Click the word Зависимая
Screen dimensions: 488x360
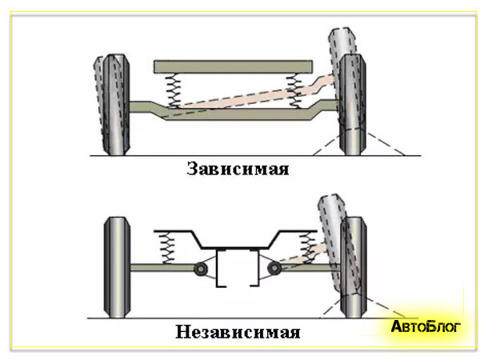point(237,169)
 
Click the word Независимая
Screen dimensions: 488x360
point(238,332)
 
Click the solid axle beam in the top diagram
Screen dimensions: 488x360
point(232,114)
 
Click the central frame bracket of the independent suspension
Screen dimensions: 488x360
point(237,268)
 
